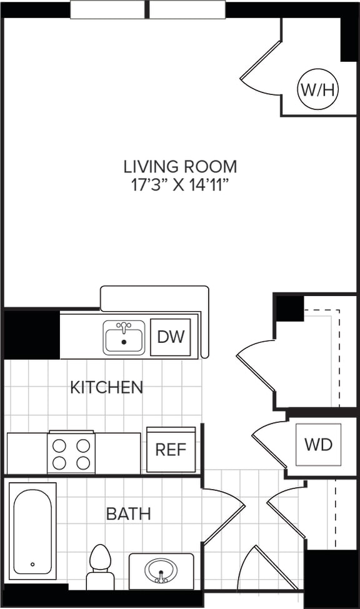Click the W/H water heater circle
(x=318, y=90)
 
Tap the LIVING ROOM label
(x=180, y=167)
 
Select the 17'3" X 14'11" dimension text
(x=180, y=186)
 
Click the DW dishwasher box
(x=171, y=337)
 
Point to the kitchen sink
(x=124, y=338)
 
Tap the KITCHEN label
(x=106, y=387)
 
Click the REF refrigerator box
(x=171, y=450)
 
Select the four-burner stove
(x=71, y=453)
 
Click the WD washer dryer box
(x=318, y=445)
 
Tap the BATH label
(x=128, y=514)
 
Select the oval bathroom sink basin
(x=161, y=570)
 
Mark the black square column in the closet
(x=289, y=309)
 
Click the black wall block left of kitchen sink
(x=32, y=334)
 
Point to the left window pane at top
(x=107, y=9)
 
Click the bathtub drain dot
(x=32, y=564)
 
